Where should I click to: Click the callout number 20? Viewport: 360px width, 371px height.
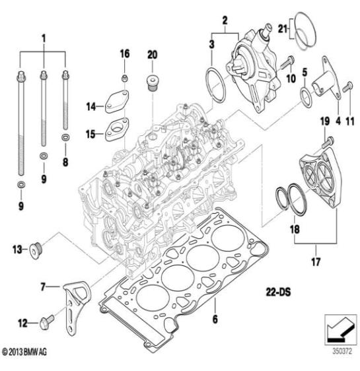(x=152, y=55)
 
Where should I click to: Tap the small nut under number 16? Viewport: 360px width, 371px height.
(x=125, y=78)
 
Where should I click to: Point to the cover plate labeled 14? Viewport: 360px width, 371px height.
(x=116, y=102)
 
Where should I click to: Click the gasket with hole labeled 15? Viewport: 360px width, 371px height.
(x=117, y=129)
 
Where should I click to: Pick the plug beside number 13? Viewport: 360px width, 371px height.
(x=36, y=251)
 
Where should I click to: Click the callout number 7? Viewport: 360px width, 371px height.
(x=42, y=287)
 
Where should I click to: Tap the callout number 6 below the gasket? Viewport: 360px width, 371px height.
(x=215, y=320)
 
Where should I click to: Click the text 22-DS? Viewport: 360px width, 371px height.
(x=278, y=292)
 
